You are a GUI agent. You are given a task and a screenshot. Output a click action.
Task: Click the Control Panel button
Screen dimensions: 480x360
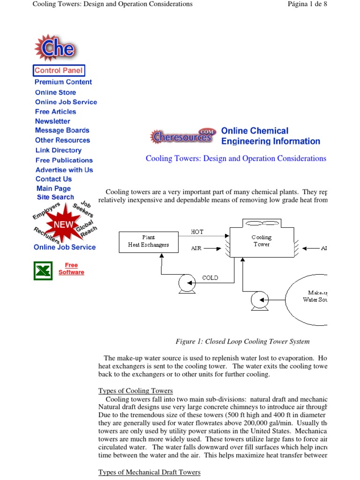(x=59, y=71)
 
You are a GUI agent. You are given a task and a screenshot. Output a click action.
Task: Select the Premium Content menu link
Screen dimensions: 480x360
(x=63, y=82)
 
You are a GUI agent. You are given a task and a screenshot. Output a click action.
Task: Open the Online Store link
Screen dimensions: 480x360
(x=55, y=92)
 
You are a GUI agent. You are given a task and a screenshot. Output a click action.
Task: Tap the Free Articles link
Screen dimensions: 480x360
(x=55, y=112)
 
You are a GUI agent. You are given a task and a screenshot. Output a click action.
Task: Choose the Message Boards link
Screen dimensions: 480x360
(x=62, y=130)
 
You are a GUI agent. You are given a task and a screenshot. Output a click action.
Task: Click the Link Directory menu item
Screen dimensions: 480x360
(x=59, y=150)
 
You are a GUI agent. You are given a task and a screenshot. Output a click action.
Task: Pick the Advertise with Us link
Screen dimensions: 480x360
(x=64, y=170)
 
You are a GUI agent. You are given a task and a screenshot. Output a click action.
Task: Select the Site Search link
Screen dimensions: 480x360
(x=55, y=197)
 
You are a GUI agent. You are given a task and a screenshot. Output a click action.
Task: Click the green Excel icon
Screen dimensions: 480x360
(x=43, y=271)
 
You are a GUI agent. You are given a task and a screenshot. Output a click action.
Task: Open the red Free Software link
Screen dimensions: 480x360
(x=71, y=269)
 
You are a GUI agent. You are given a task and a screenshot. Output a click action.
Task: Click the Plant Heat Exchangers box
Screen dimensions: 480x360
(x=149, y=241)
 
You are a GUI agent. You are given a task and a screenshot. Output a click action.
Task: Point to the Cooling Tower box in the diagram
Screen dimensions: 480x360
(x=261, y=241)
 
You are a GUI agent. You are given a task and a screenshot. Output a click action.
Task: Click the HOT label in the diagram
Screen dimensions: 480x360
(x=197, y=232)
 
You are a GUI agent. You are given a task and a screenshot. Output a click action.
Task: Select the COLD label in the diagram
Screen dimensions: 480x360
(x=210, y=277)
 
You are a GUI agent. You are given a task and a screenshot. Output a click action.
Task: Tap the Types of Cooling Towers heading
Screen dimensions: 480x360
(x=135, y=390)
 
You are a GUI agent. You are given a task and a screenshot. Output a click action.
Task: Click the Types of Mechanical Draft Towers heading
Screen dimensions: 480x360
(x=149, y=472)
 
